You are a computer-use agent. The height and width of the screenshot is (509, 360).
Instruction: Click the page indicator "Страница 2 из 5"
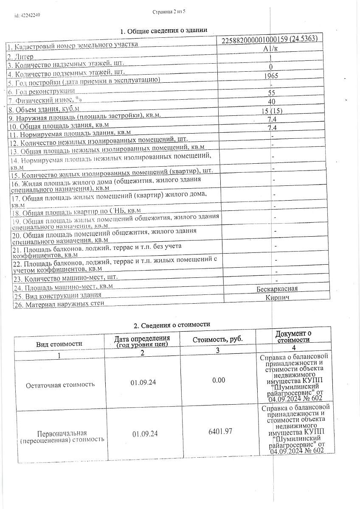169,13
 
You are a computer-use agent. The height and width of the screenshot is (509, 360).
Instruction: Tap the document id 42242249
27,16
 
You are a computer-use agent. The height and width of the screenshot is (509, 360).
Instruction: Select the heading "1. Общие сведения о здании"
164,31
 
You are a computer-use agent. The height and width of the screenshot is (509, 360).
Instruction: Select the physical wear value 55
272,93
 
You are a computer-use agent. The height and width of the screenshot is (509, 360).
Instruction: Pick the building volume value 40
272,102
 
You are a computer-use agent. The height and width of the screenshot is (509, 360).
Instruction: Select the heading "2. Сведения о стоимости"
172,325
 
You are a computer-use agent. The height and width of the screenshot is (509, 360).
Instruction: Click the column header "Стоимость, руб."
218,340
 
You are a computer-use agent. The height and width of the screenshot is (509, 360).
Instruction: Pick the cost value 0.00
218,380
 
